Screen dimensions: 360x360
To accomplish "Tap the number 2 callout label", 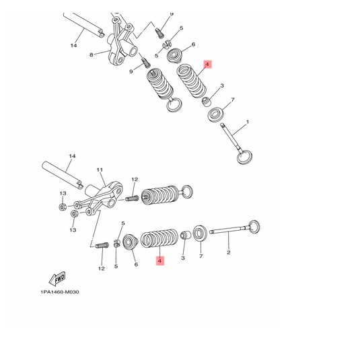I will point(229,253).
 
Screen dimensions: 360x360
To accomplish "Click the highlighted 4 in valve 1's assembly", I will point(208,65).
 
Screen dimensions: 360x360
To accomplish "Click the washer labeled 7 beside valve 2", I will point(200,235).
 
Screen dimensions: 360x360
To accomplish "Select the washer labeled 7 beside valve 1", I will point(216,114).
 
